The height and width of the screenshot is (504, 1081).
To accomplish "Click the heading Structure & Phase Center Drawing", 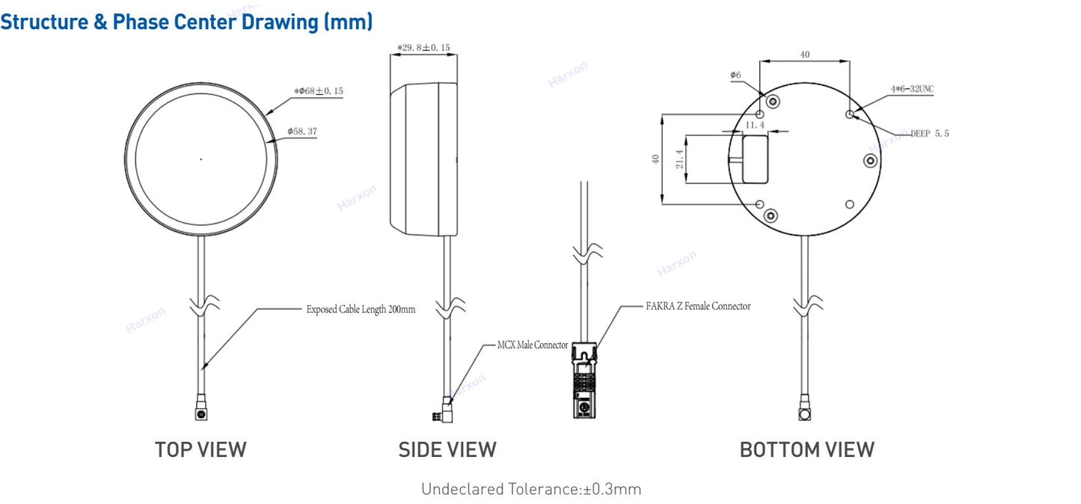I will [x=186, y=22].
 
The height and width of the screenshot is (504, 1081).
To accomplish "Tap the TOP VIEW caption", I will [x=200, y=449].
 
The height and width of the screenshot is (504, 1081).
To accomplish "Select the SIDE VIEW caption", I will [x=447, y=449].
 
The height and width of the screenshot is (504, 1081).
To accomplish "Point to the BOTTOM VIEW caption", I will [x=806, y=449].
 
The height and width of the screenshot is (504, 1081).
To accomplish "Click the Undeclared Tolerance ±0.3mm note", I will [x=531, y=490].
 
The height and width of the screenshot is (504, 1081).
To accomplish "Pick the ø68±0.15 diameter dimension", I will [x=319, y=91].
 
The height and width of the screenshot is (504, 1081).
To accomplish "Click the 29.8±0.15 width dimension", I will [x=423, y=47].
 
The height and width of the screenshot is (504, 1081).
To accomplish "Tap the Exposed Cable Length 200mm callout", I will [x=361, y=308].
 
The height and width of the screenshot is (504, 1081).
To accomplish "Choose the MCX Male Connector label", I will [x=533, y=345].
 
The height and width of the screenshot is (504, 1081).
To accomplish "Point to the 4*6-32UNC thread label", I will [x=912, y=89].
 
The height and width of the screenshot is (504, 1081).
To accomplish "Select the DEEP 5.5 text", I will [x=929, y=133].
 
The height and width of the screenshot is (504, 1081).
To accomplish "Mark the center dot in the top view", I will [x=200, y=159].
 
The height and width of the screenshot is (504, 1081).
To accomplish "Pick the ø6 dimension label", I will [x=735, y=76].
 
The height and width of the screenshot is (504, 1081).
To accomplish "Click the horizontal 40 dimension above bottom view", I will [x=804, y=55].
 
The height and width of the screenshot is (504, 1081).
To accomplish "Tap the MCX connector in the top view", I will [x=200, y=412].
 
